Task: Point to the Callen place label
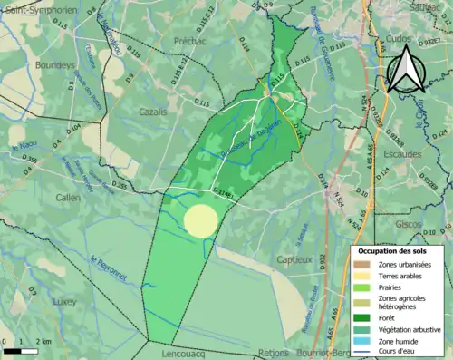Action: coord(67,197)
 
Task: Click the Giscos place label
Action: coord(409,224)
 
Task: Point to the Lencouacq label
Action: coord(176,353)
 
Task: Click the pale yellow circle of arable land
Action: coord(200,221)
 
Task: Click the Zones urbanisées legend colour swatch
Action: coord(362,263)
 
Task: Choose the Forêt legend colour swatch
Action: coord(362,317)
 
